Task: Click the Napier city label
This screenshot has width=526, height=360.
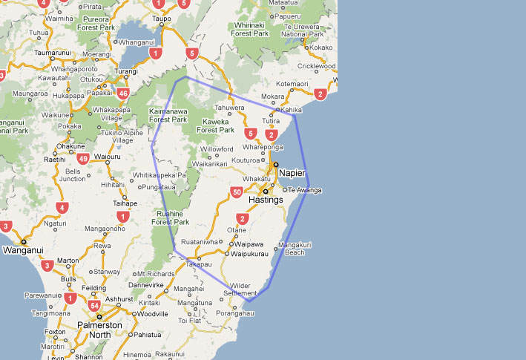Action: pos(292,173)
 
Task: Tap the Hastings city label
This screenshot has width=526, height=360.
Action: pos(266,200)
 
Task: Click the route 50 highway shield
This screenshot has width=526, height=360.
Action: pos(237,193)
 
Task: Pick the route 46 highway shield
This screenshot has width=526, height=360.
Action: pos(123,94)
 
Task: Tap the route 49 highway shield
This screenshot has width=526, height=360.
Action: pos(82,158)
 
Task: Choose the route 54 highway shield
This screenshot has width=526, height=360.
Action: pos(94,306)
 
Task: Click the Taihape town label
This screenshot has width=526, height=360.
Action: pos(125,203)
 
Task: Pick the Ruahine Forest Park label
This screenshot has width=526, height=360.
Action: pos(170,217)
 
